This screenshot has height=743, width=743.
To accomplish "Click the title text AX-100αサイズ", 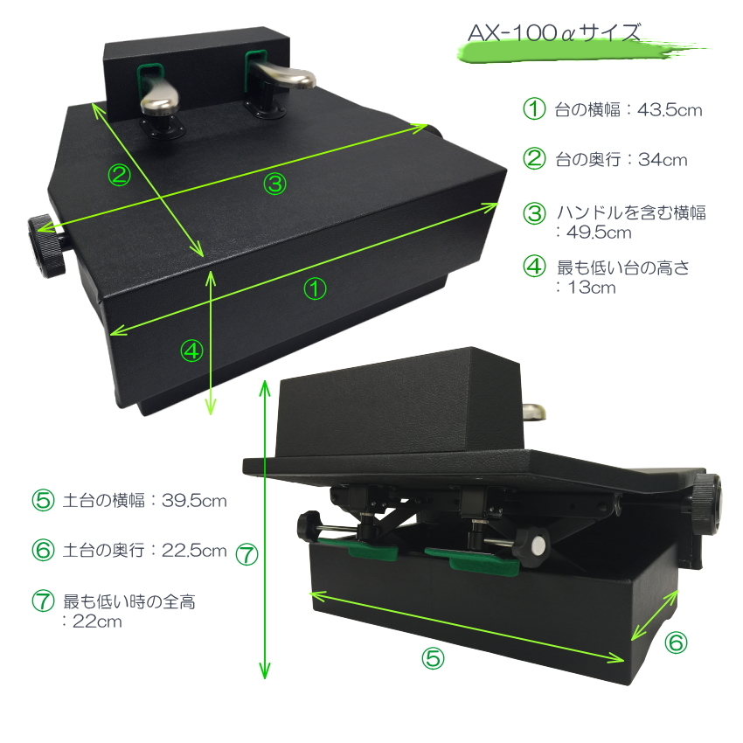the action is click(553, 33).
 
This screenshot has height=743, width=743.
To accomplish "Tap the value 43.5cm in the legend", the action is click(670, 110).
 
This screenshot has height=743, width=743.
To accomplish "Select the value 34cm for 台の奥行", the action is click(663, 160).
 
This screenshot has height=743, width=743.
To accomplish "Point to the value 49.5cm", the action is click(599, 233).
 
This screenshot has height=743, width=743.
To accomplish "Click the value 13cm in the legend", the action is click(592, 288).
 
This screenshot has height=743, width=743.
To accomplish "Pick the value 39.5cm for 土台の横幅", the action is click(194, 500).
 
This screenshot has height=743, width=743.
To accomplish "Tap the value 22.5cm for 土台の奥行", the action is click(194, 550).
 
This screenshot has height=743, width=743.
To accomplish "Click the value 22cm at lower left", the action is click(97, 621).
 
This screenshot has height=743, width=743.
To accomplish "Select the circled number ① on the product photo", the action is click(315, 288).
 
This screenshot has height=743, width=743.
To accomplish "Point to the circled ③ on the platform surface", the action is click(274, 184).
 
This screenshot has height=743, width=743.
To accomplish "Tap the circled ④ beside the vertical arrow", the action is click(191, 351).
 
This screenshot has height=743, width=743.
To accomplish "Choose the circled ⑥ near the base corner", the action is click(676, 642).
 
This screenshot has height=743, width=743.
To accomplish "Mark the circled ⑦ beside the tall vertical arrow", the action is click(247, 554).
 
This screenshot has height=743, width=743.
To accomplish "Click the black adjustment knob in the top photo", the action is click(46, 246).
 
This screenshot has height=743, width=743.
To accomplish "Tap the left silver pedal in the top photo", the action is click(160, 101).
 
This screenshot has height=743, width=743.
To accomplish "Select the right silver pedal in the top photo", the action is click(283, 75).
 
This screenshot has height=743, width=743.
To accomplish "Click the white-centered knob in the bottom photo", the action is click(531, 544).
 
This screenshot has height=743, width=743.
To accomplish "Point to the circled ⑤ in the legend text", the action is click(43, 500).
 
